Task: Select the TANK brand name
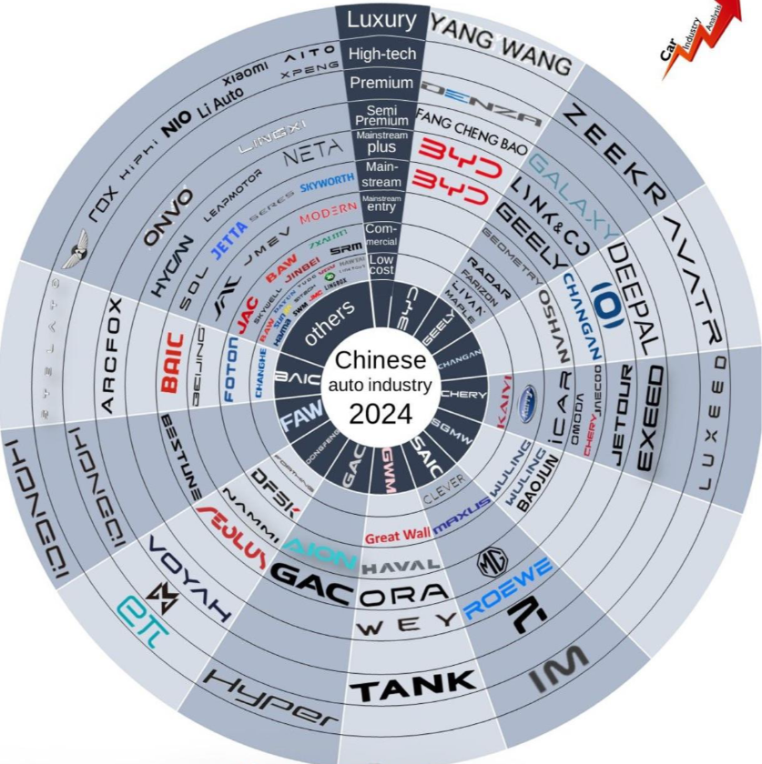[414, 680]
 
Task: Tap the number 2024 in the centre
[381, 414]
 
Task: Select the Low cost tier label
[381, 263]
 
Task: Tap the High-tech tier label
[381, 55]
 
